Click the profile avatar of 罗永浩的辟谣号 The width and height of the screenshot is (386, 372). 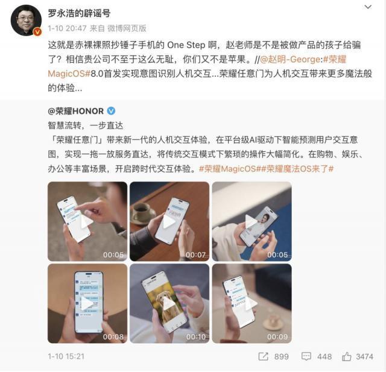coord(26,20)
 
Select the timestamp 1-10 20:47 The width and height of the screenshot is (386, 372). coord(66,28)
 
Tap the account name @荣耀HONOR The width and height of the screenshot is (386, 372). coord(75,112)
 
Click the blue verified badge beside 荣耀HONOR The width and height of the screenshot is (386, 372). coord(111,112)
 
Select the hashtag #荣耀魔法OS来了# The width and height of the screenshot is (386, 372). coord(300,169)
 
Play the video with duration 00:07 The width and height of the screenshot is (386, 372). coord(169,221)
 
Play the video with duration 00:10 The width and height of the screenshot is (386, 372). coord(169,303)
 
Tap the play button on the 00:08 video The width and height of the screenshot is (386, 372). coord(87,303)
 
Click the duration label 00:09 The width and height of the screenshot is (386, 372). coord(277,336)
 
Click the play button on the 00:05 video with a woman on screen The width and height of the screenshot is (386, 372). coord(252,221)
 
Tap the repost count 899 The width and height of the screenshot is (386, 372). coord(282,356)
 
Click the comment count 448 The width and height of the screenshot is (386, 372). coord(324,356)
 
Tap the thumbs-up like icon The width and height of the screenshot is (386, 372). coord(347,356)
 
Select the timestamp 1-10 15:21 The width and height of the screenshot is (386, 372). coord(66,356)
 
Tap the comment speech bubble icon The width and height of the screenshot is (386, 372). coord(308,356)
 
